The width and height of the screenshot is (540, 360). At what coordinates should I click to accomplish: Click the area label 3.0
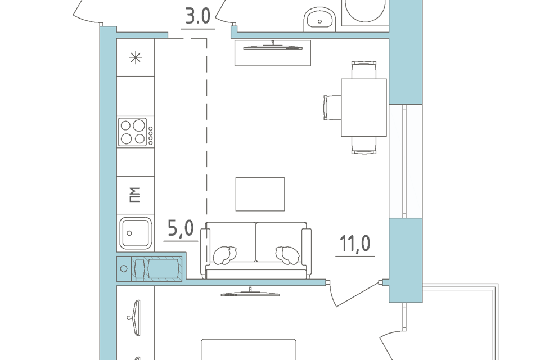197,16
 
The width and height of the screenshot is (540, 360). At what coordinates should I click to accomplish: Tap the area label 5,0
181,228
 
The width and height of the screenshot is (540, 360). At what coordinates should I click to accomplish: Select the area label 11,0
355,243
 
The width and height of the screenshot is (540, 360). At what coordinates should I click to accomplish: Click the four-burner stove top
136,132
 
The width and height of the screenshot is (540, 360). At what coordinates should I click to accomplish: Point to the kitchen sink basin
136,232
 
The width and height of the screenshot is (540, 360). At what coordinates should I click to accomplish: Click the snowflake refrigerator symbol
136,57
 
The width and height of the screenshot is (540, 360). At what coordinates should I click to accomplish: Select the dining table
364,107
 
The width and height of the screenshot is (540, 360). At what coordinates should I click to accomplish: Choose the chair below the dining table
364,145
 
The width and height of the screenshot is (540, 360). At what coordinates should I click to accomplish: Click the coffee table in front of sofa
260,194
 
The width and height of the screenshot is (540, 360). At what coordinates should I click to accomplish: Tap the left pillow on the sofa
224,255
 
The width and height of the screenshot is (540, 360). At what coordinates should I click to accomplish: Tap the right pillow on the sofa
287,255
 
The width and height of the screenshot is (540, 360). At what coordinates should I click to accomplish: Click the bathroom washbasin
319,19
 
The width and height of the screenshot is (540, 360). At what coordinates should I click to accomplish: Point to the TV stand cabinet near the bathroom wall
273,53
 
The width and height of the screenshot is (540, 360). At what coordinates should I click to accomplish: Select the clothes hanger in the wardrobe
135,317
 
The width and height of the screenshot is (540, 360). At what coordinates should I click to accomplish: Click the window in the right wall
406,161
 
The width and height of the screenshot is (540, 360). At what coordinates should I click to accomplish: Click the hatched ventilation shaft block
157,268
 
